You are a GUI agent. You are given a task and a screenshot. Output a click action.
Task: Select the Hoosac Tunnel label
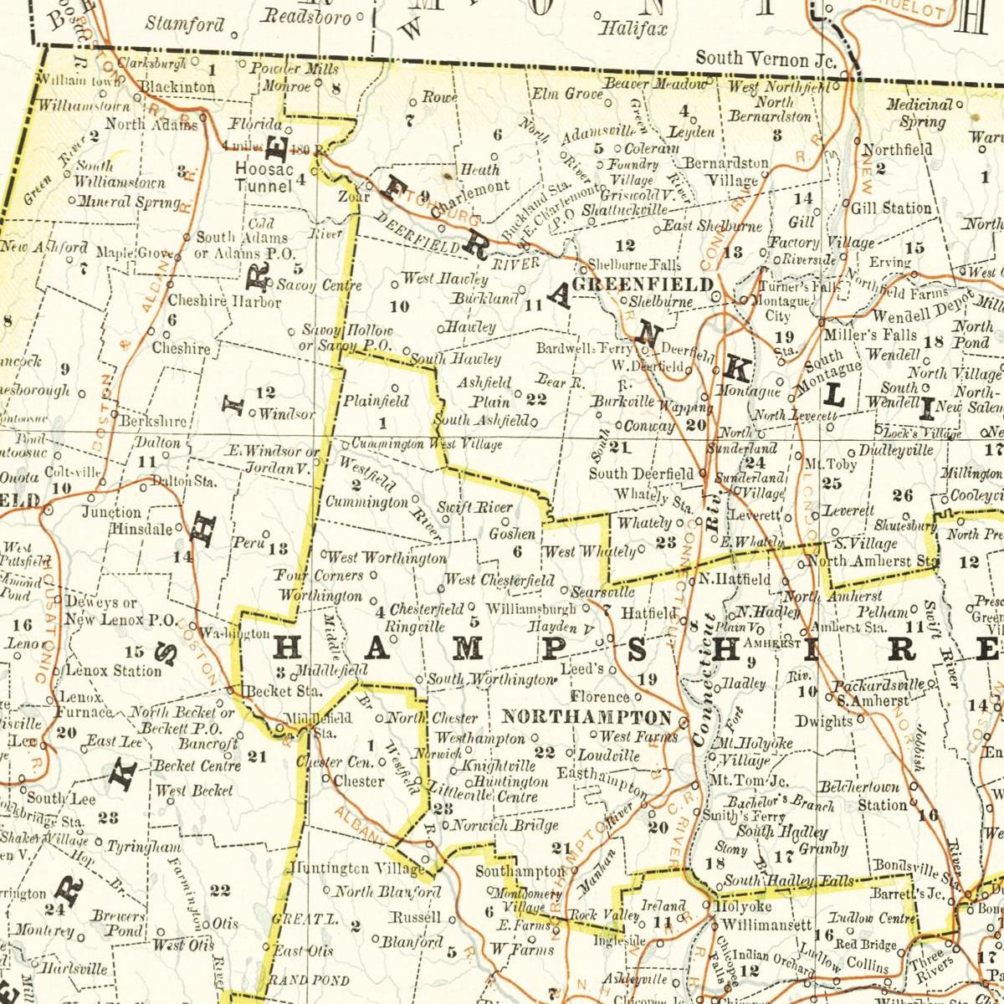tap(263, 177)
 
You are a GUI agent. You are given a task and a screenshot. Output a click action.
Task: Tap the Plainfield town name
tap(376, 401)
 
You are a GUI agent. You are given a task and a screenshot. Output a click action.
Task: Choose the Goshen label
tap(511, 533)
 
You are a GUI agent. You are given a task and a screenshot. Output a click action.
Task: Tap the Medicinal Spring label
tap(919, 113)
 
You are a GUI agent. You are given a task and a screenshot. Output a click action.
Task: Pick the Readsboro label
tap(306, 17)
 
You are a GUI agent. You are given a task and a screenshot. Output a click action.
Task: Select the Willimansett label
tap(766, 925)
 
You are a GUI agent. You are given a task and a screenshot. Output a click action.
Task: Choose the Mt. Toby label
tap(823, 463)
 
